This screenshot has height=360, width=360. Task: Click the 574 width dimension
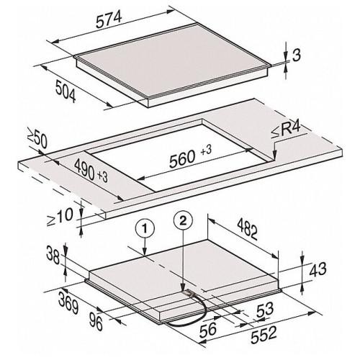tap(109, 19)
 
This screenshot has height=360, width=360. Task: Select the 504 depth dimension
tap(66, 91)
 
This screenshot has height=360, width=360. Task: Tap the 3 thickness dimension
tap(297, 55)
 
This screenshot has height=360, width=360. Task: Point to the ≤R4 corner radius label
tap(286, 130)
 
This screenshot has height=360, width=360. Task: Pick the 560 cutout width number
tap(181, 159)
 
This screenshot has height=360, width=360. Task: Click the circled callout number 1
tap(145, 229)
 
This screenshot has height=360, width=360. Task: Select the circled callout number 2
tap(183, 221)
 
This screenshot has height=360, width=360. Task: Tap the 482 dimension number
tap(248, 230)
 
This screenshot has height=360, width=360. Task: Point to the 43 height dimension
tap(318, 269)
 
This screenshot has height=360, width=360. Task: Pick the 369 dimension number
tap(68, 304)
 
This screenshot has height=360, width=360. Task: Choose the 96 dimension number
tap(96, 322)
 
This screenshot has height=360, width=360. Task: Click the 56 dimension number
tap(208, 329)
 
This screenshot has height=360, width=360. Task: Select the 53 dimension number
tap(265, 310)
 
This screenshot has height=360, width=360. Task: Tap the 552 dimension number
tap(264, 334)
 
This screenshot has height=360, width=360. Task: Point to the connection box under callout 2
tap(188, 292)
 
